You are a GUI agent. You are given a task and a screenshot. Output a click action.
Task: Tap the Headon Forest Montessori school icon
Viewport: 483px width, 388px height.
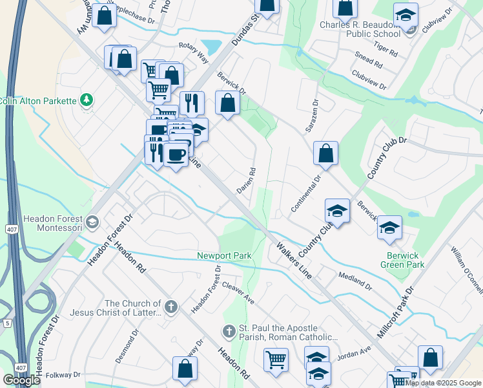(92, 222)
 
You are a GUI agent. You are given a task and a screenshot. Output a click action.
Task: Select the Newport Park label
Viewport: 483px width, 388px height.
(224, 256)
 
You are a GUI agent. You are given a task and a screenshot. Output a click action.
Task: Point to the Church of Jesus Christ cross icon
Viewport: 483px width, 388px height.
(171, 307)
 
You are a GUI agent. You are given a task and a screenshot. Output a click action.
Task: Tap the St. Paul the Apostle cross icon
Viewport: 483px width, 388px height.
(228, 332)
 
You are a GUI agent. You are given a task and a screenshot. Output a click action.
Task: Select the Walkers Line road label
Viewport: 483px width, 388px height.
(294, 260)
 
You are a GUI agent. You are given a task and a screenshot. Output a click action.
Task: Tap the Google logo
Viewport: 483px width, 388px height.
(22, 380)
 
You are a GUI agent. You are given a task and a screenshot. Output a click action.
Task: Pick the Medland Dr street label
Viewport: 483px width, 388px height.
(355, 280)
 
